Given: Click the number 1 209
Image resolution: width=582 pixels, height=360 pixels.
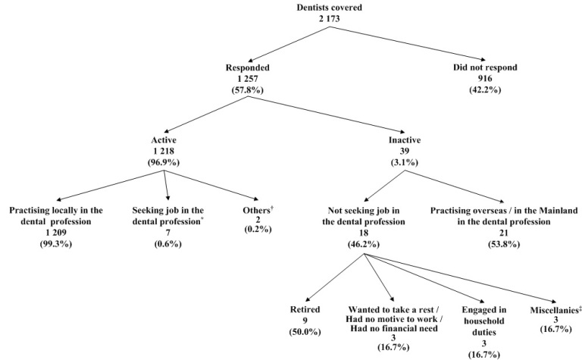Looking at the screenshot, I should tap(57, 230).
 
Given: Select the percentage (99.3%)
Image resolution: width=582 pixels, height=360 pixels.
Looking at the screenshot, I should tap(57, 242).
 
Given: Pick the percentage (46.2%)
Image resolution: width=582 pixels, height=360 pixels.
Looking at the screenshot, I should tap(365, 242).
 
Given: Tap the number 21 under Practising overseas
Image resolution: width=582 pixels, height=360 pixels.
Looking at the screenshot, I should tap(502, 230).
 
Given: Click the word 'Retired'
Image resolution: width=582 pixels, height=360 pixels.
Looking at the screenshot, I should tap(305, 310).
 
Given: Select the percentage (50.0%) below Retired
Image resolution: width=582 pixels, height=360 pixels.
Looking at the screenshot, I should tap(305, 332).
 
